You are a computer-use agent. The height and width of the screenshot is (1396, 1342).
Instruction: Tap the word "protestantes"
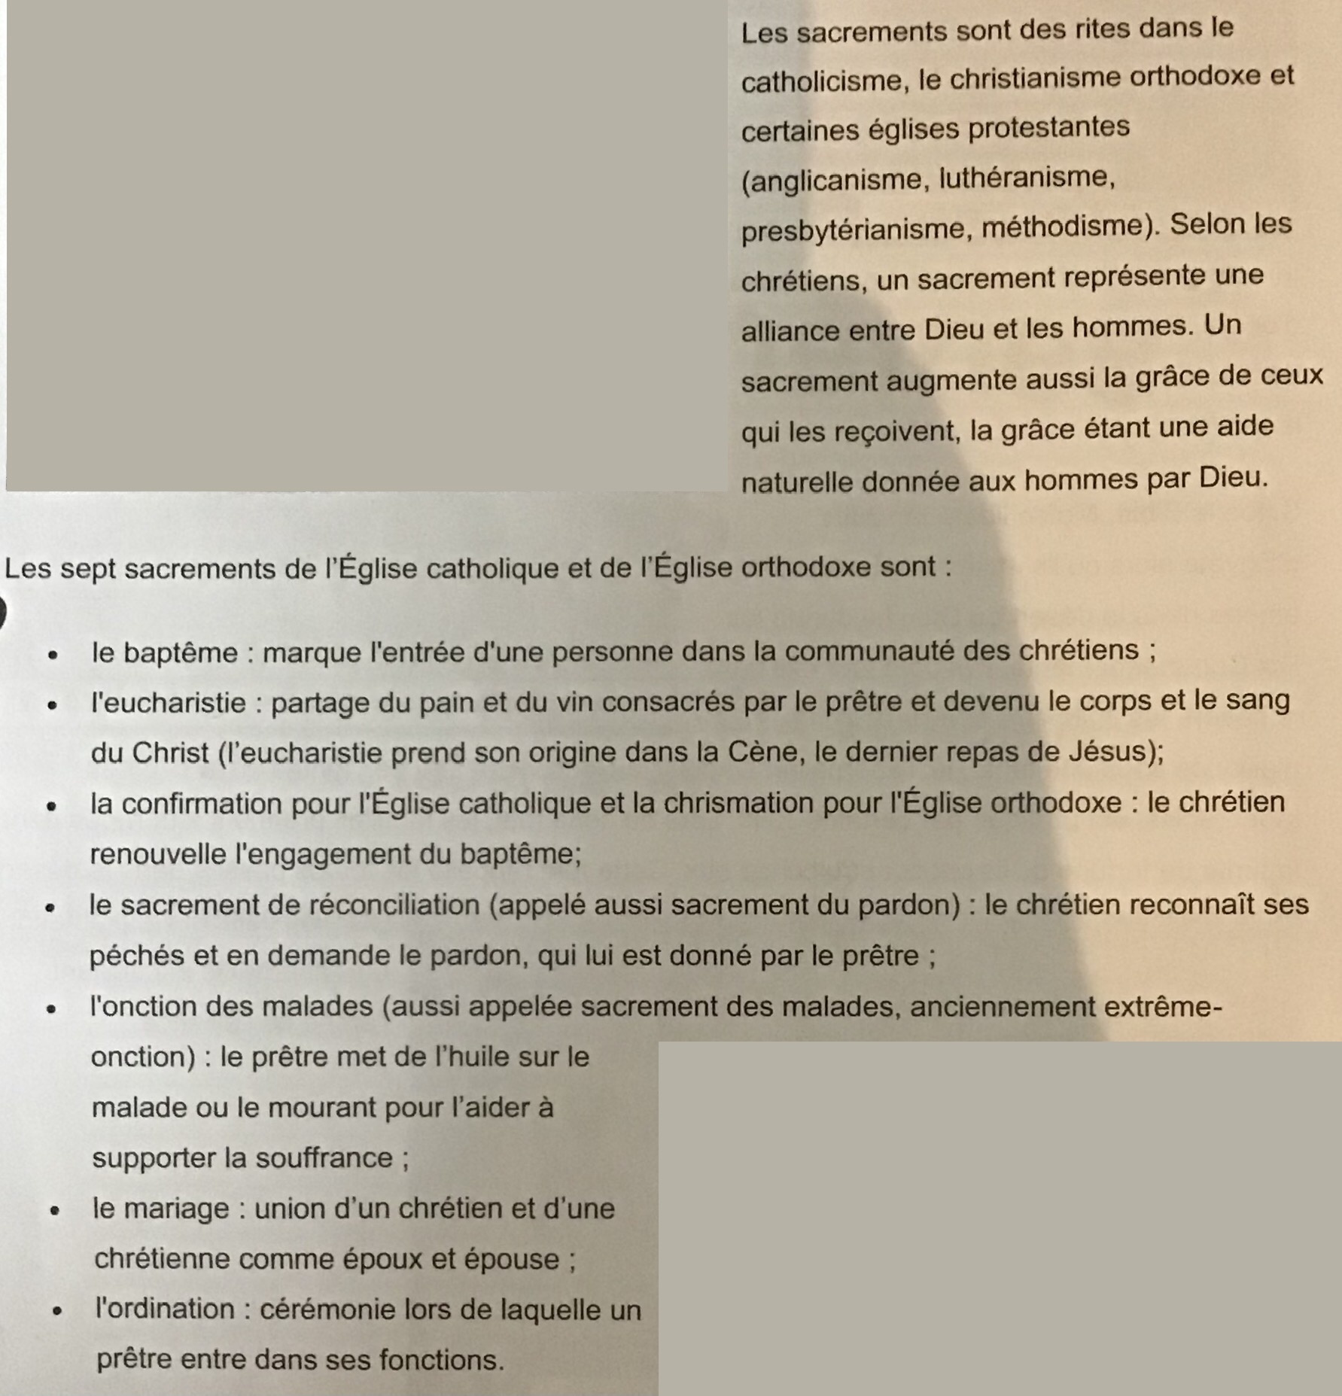[x=1048, y=127]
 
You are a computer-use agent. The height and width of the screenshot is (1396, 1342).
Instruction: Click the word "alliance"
[x=790, y=331]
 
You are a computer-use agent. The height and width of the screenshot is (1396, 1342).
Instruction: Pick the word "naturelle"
[x=796, y=482]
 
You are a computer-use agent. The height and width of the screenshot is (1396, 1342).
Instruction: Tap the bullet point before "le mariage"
[x=54, y=1211]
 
